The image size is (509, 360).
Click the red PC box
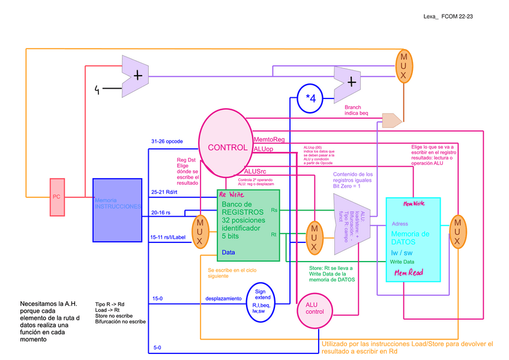click(56, 197)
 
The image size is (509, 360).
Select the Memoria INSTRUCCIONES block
click(117, 210)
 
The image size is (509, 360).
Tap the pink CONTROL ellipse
click(226, 146)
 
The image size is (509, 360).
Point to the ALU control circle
click(315, 310)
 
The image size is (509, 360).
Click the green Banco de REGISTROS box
click(248, 225)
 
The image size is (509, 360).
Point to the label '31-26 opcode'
click(167, 142)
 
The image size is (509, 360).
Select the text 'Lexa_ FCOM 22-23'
click(448, 17)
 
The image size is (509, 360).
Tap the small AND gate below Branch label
click(391, 121)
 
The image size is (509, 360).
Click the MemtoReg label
click(269, 139)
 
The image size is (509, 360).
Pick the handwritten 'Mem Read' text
click(408, 272)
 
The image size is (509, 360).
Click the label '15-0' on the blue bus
click(157, 298)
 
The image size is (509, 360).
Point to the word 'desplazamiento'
click(223, 298)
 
